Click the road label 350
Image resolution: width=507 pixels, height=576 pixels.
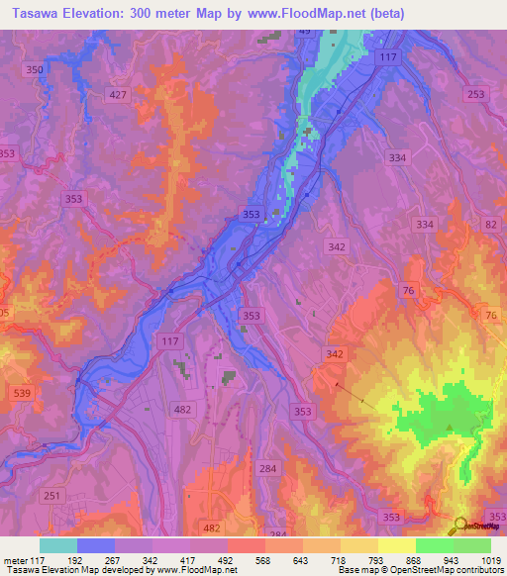(35, 69)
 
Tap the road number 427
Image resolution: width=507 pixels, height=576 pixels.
(119, 94)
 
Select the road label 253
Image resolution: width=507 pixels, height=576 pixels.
(477, 92)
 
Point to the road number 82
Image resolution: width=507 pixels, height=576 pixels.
(492, 227)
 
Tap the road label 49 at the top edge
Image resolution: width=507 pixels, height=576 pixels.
(304, 32)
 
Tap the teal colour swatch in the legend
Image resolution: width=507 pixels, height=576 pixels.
(57, 545)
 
